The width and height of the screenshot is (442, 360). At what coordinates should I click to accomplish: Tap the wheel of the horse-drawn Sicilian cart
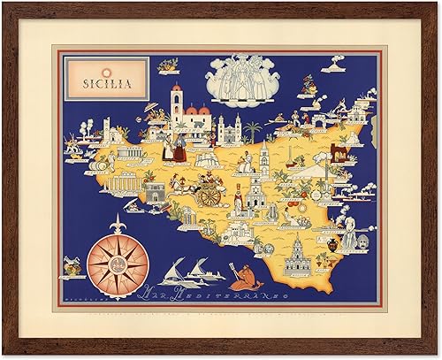[209, 195]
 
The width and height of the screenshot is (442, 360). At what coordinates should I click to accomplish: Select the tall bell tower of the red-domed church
[176, 104]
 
